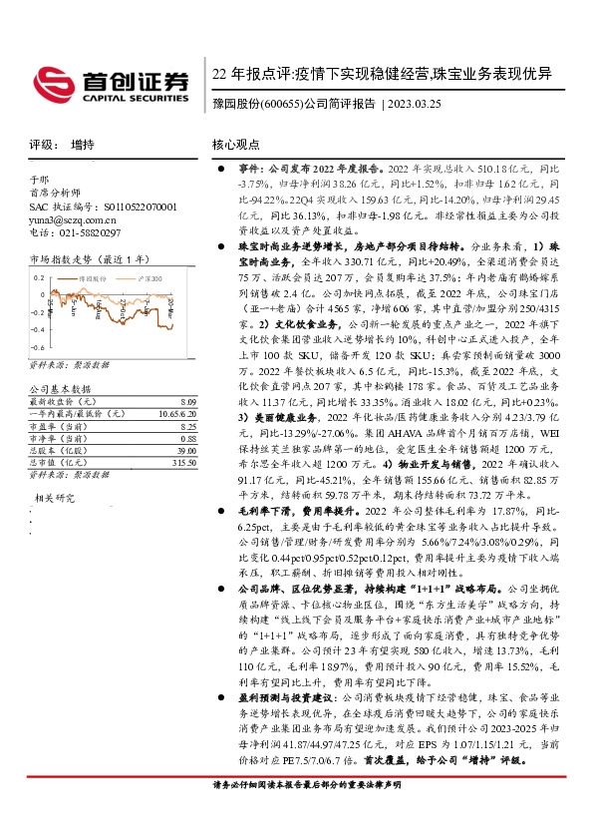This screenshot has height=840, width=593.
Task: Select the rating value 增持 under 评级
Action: [x=84, y=145]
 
